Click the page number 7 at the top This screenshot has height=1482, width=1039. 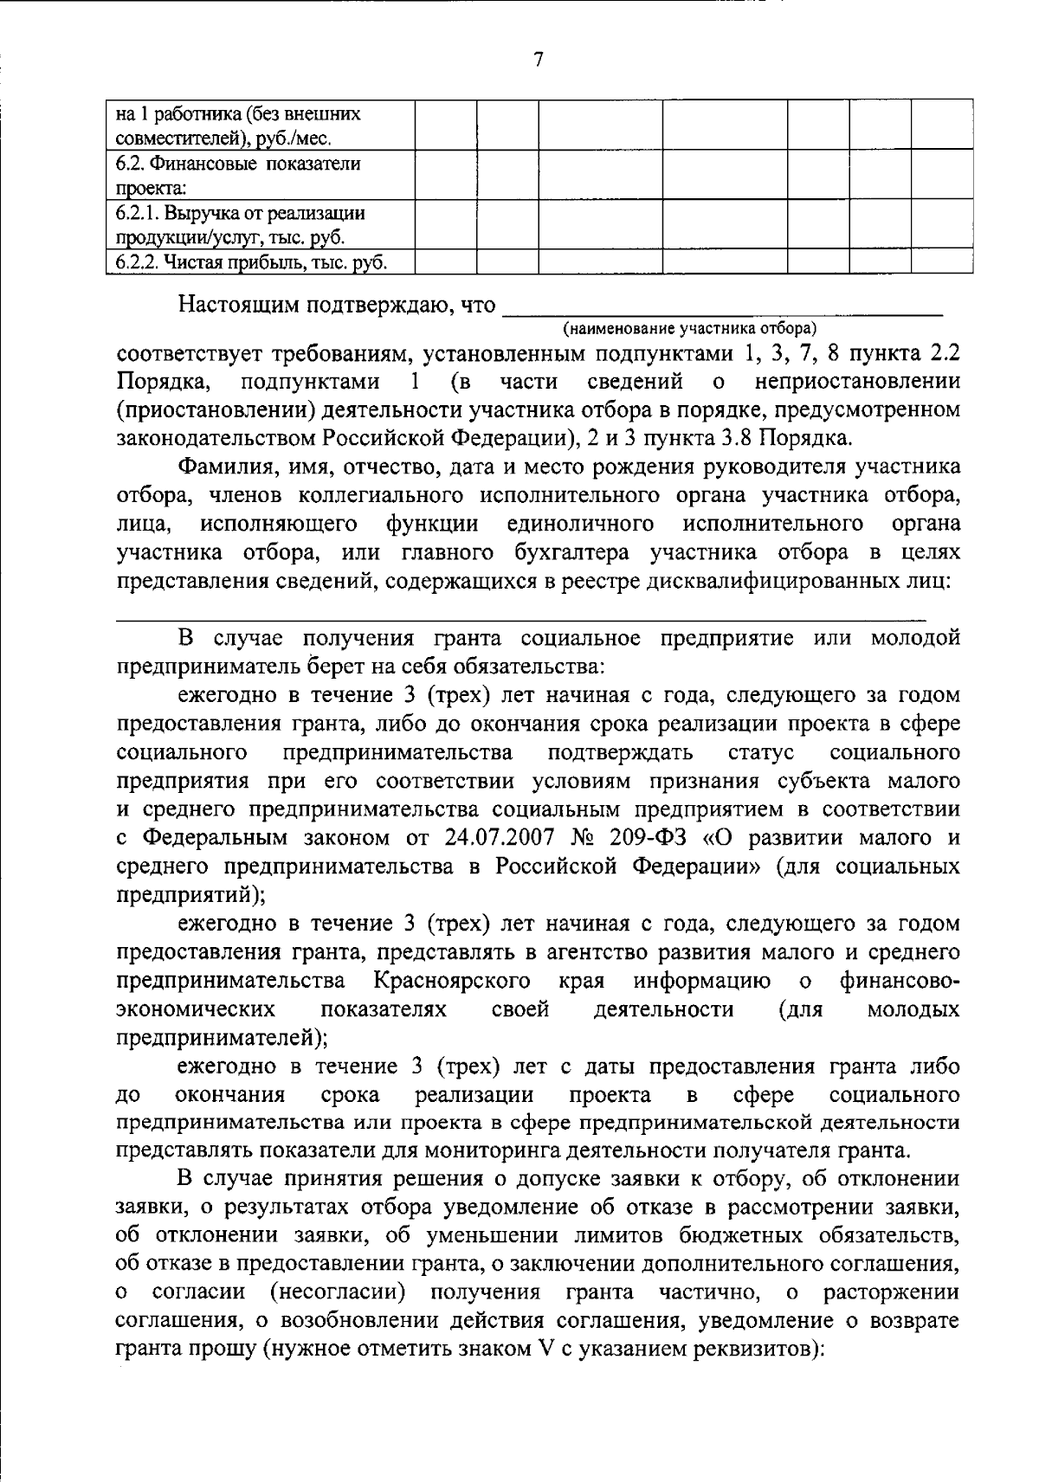pyautogui.click(x=538, y=60)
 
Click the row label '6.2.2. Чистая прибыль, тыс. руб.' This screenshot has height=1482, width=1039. pyautogui.click(x=251, y=262)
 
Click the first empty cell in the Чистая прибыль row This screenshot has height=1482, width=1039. pyautogui.click(x=446, y=262)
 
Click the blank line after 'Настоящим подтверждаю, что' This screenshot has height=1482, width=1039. pyautogui.click(x=722, y=307)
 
